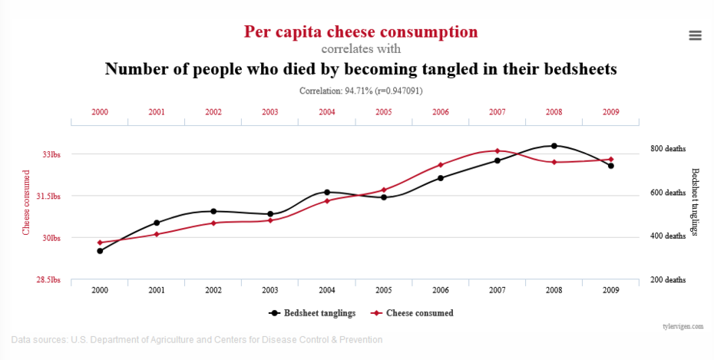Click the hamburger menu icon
coord(696,35)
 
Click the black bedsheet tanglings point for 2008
coord(554,146)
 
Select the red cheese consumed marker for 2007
coord(497,151)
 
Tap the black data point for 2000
coord(100,251)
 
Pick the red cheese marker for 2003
coord(270,220)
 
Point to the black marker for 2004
coord(327,192)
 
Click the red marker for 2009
coord(611,160)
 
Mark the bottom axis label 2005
coord(384,291)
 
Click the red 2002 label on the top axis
coord(213,112)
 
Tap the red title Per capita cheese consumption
coord(361,32)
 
